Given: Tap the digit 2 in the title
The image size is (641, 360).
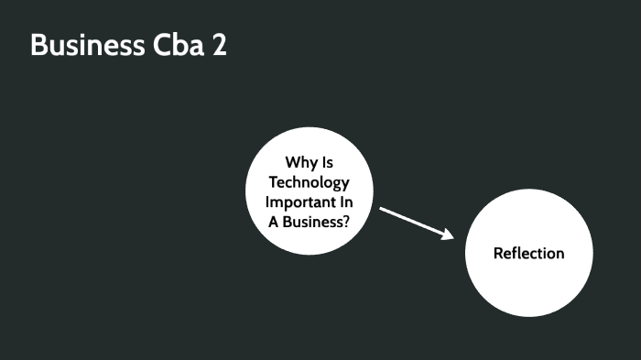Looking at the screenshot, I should click(x=220, y=45).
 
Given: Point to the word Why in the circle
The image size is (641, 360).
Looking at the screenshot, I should click(x=299, y=162).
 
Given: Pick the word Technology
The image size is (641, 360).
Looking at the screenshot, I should click(x=310, y=181).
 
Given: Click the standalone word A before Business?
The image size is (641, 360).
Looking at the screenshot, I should click(x=274, y=220).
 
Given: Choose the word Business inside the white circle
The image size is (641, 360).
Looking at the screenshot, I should click(x=310, y=220).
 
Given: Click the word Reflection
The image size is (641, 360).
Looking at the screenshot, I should click(x=528, y=253).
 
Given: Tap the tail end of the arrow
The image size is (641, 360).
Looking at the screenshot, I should click(x=381, y=209).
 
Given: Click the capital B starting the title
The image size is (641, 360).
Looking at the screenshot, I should click(x=38, y=45).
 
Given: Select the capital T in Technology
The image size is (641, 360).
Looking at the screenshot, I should click(x=273, y=181).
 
